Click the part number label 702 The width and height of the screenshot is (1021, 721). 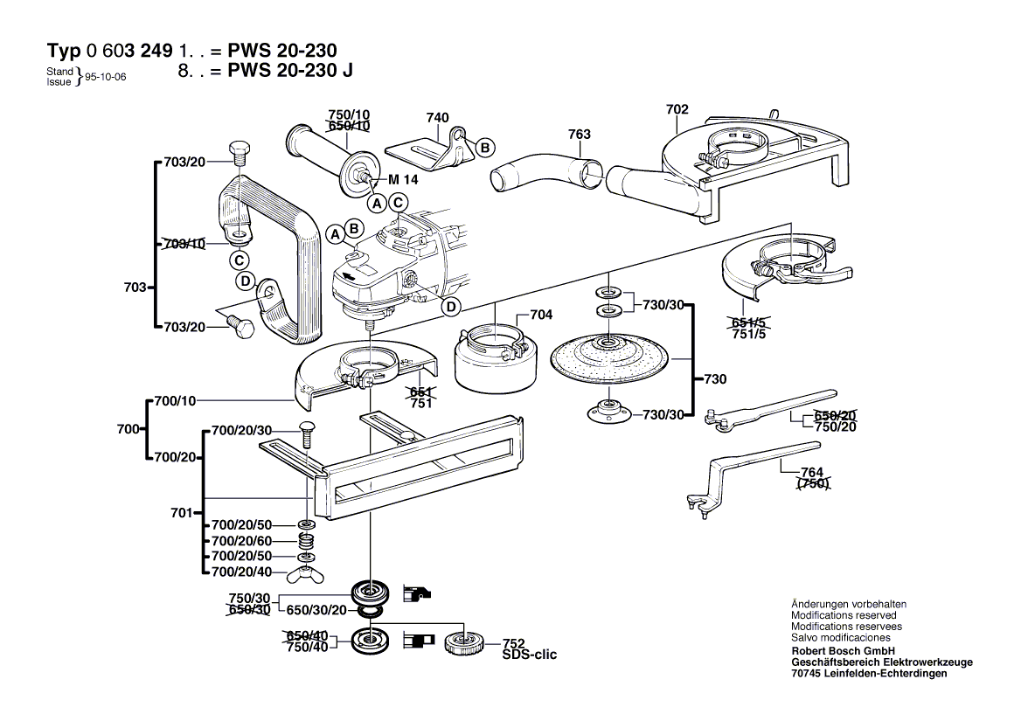(677, 109)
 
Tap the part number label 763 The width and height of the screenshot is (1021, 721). (579, 134)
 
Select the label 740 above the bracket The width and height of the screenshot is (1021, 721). (437, 118)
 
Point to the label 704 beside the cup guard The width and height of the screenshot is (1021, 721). (541, 315)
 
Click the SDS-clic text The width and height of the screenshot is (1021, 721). (529, 655)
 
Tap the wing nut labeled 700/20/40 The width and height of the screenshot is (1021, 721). (305, 573)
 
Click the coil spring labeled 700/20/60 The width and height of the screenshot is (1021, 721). (305, 542)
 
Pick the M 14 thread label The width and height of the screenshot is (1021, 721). (403, 180)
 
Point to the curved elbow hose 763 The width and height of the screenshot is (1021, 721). (545, 170)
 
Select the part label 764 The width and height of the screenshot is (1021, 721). (812, 473)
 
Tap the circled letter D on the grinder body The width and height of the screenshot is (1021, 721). (451, 306)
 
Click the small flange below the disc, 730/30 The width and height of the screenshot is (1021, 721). (604, 408)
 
